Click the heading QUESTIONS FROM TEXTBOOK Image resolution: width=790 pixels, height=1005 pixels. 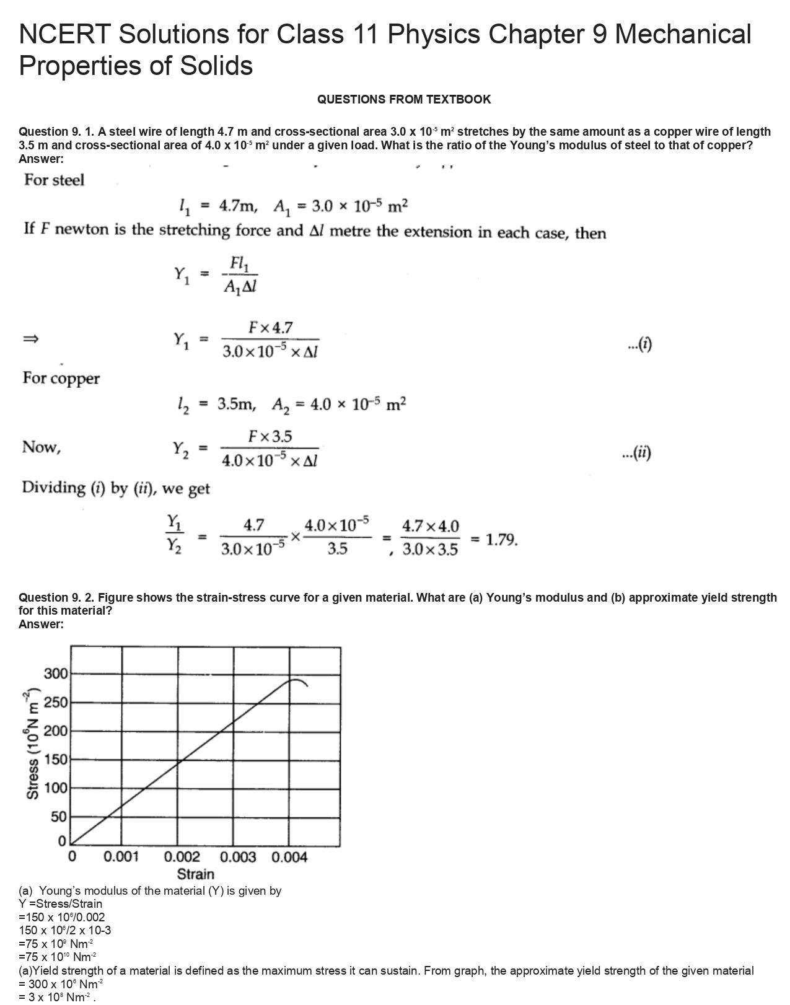click(x=403, y=99)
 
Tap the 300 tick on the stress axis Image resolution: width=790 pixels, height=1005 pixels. click(x=55, y=674)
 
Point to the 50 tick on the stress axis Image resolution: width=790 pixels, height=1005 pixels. click(x=58, y=817)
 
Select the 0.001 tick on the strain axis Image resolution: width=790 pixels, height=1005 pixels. click(x=121, y=857)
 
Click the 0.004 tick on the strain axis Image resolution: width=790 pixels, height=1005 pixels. click(x=289, y=857)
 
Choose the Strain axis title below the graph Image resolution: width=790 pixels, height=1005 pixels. click(x=196, y=874)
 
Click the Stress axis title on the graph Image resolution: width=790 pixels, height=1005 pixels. click(x=33, y=744)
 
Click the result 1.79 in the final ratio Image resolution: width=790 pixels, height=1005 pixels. click(x=501, y=540)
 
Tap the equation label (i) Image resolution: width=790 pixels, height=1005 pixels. click(x=639, y=345)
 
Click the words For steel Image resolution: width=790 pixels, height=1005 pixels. click(x=54, y=180)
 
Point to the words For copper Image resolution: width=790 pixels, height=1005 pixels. click(x=61, y=378)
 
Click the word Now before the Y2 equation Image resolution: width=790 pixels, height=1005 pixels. click(x=41, y=447)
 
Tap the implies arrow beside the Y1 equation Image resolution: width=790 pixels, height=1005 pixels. click(x=31, y=339)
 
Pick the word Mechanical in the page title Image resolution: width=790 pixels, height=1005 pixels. click(x=683, y=34)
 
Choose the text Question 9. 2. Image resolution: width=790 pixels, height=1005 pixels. click(x=56, y=597)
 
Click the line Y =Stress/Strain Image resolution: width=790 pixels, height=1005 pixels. click(x=61, y=903)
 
